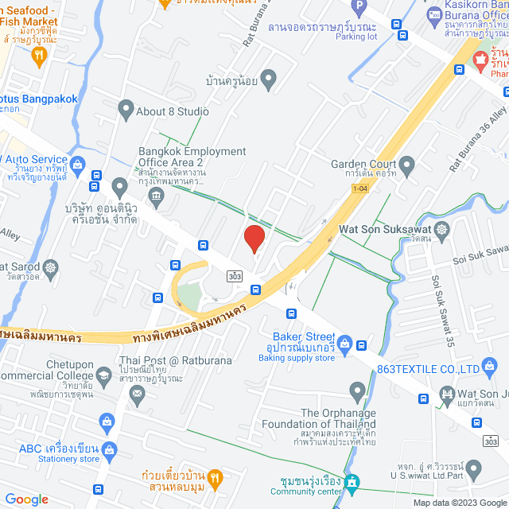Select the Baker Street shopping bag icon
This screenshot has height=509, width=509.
pyautogui.click(x=344, y=344)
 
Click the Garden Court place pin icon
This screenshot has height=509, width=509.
pyautogui.click(x=408, y=167)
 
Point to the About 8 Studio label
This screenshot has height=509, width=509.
pyautogui.click(x=173, y=111)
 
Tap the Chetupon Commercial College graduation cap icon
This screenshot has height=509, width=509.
pyautogui.click(x=103, y=375)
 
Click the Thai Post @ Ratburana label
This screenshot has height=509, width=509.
pyautogui.click(x=175, y=360)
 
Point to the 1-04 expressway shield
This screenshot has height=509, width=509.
pyautogui.click(x=360, y=188)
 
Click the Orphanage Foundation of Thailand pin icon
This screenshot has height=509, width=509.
pyautogui.click(x=357, y=390)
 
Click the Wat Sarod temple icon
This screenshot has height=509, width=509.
pyautogui.click(x=51, y=267)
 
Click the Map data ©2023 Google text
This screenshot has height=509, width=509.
pyautogui.click(x=459, y=502)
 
